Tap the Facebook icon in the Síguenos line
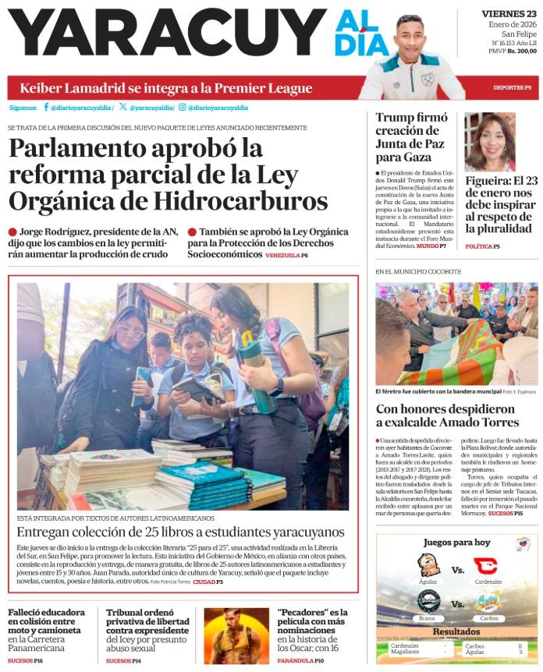click(x=46, y=107)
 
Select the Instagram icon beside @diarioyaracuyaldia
click(x=182, y=107)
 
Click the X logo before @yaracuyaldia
click(x=123, y=107)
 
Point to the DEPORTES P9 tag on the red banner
click(x=512, y=87)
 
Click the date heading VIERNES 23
click(x=508, y=13)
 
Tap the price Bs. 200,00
click(x=522, y=51)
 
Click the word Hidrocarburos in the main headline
click(x=241, y=201)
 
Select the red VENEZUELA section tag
click(x=282, y=256)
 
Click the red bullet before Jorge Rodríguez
click(x=12, y=232)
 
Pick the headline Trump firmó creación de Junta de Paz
click(x=410, y=138)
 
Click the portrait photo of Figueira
click(x=489, y=142)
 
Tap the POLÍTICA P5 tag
click(x=482, y=246)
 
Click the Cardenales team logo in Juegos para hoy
click(x=484, y=565)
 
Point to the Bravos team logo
click(x=428, y=600)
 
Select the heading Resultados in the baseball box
click(x=456, y=631)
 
